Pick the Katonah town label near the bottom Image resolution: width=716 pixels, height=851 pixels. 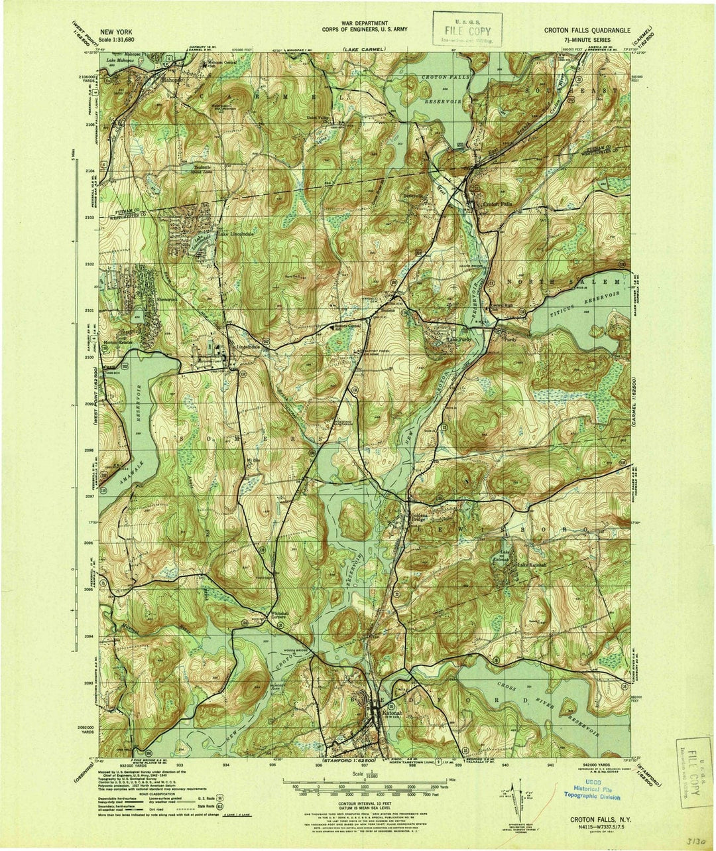pyautogui.click(x=384, y=714)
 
